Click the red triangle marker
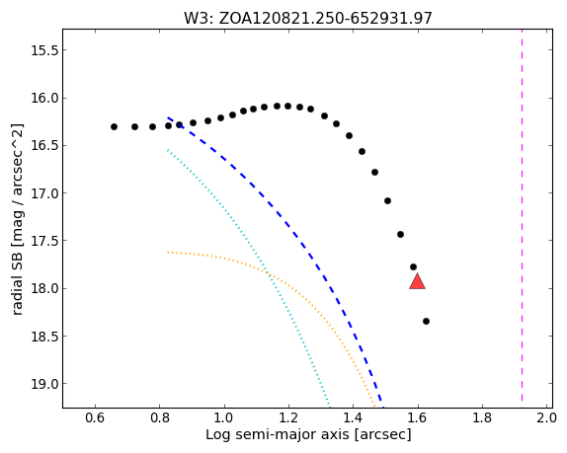point(417,282)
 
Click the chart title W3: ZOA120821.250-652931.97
point(308,18)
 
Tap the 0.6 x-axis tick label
point(95,417)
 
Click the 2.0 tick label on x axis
point(546,417)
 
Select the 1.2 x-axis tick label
point(288,417)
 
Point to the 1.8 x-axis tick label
point(482,417)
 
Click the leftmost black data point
point(114,126)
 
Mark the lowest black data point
point(426,321)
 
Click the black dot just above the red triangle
point(413,266)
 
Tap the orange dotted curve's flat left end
point(168,253)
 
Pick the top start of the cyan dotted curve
point(168,150)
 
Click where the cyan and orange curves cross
point(268,272)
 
